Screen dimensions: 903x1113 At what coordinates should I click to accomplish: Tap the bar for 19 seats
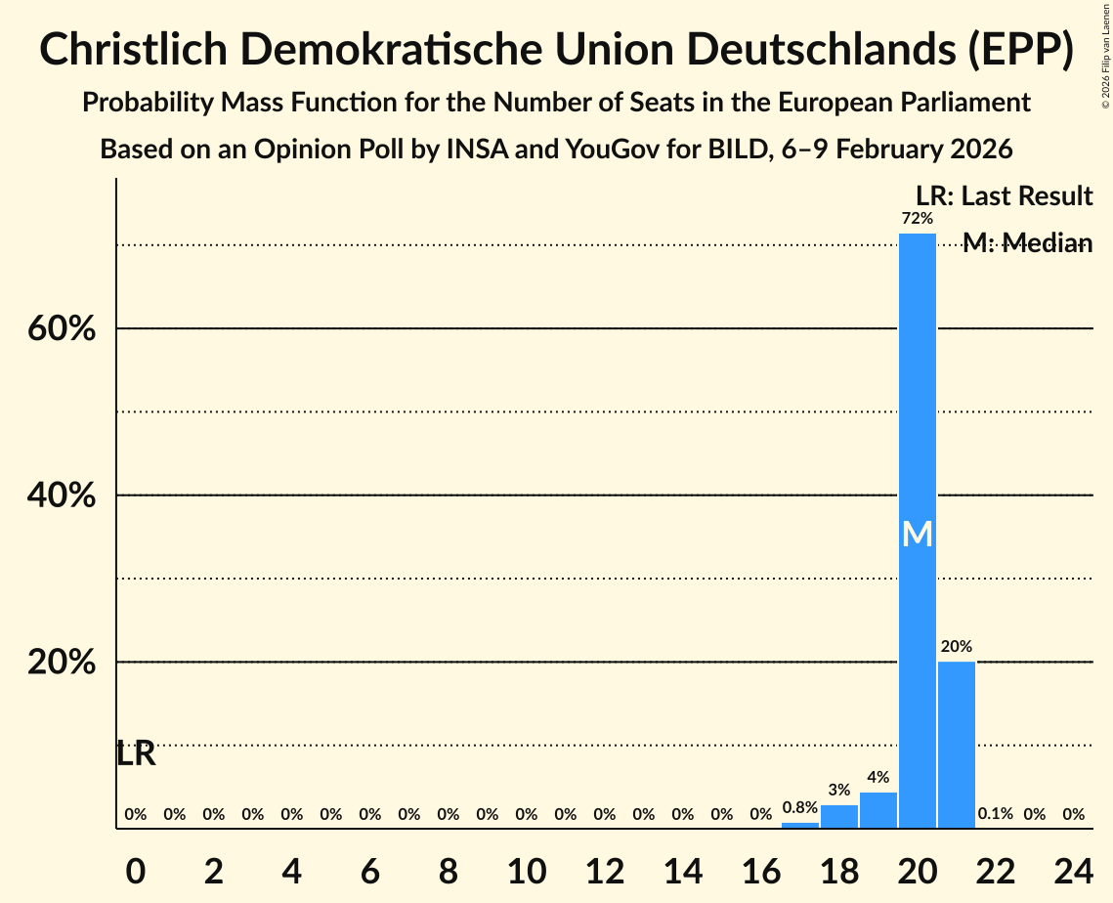coord(878,810)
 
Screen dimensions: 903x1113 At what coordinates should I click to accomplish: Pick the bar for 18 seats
coord(838,816)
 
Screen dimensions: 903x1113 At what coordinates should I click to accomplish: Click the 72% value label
coord(917,219)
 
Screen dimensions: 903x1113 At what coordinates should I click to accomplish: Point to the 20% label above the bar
coord(956,647)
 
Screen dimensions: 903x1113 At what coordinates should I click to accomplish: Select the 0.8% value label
coord(799,807)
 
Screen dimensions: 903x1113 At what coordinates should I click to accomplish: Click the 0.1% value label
coord(995,814)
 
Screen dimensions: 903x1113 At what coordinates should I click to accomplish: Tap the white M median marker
coord(917,534)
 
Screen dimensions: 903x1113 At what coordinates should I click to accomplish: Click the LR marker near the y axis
coord(136,753)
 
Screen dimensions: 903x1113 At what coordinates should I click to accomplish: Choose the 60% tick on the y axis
coord(62,329)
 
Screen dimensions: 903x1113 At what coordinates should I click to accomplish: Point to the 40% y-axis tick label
coord(62,496)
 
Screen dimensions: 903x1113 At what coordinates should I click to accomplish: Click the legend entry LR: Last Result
coord(1004,196)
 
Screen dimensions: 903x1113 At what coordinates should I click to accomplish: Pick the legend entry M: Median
coord(1027,243)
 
